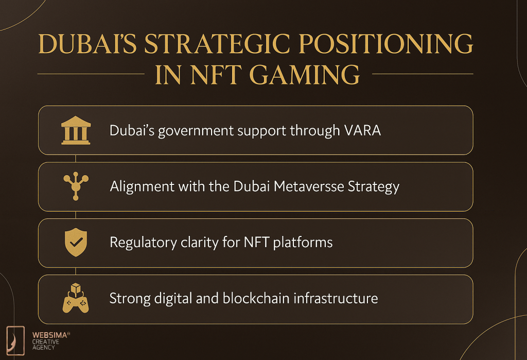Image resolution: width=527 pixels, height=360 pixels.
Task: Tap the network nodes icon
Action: [76, 186]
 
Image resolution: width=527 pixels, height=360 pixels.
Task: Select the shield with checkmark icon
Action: [76, 243]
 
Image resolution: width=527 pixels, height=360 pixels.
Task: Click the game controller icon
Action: [76, 299]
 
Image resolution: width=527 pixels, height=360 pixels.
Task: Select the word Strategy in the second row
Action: [374, 186]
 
